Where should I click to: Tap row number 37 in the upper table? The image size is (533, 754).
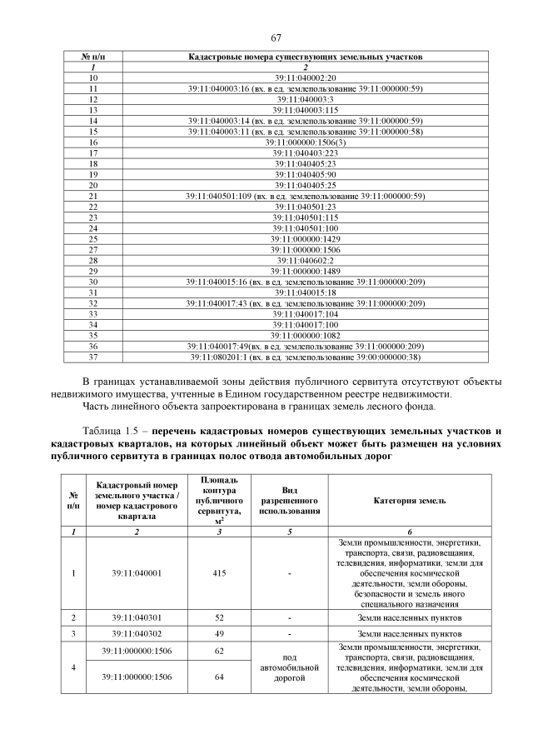(93, 357)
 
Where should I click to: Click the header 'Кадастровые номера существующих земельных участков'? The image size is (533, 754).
(306, 56)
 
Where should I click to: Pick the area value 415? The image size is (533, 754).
(219, 573)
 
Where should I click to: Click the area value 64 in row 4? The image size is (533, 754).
(219, 677)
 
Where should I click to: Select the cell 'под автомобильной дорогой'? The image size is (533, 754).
(289, 668)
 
